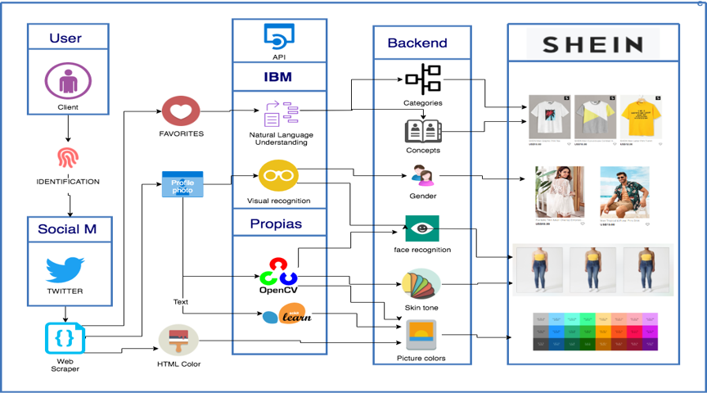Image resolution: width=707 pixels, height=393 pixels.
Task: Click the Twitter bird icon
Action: [x=65, y=270]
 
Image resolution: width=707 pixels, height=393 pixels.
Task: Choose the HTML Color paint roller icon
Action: [x=178, y=340]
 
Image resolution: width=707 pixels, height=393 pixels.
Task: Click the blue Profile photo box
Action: [x=182, y=183]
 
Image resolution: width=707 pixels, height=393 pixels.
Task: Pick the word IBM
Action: [x=278, y=79]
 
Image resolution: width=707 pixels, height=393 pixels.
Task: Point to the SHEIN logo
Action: [x=592, y=43]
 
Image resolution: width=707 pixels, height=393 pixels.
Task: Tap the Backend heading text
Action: [x=417, y=43]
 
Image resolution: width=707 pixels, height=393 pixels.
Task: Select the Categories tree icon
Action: [x=422, y=79]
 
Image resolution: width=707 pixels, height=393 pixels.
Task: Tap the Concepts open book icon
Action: [x=422, y=131]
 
